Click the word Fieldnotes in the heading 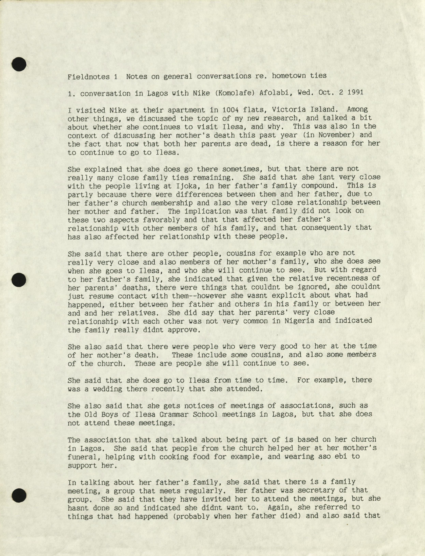[x=89, y=76]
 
